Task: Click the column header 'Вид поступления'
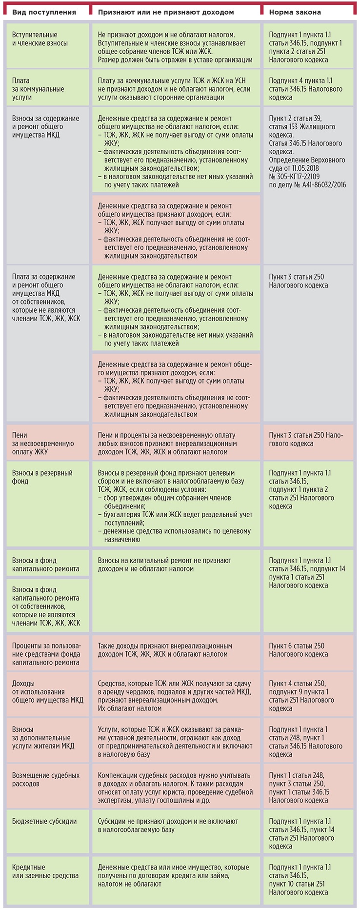(44, 12)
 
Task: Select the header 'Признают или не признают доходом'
(165, 12)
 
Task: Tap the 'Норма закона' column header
(295, 12)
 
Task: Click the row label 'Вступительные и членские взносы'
(35, 39)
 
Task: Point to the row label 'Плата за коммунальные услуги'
(38, 89)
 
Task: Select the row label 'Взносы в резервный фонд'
(42, 477)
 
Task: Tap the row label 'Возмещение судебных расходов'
(45, 779)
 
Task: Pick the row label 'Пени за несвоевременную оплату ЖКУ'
(43, 444)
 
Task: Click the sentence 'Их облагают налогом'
(122, 708)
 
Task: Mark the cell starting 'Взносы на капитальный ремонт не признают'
(164, 565)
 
